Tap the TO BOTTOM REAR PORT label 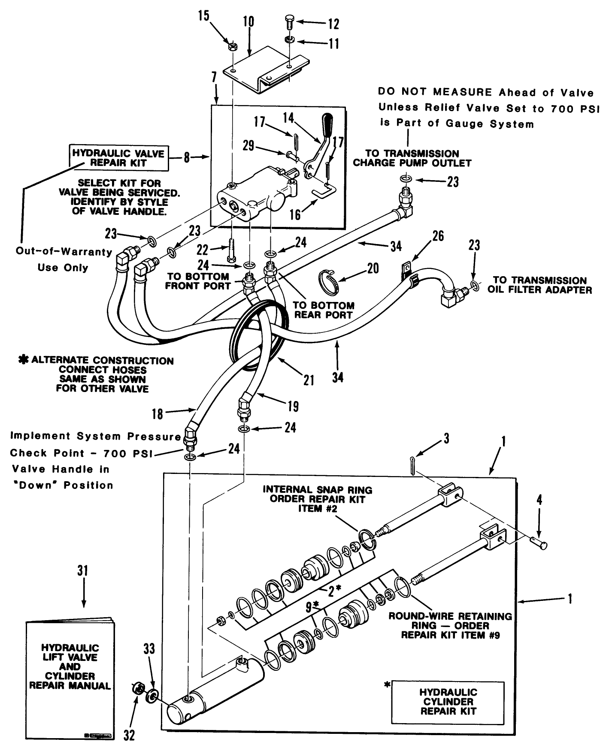pyautogui.click(x=323, y=310)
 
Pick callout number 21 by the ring pyautogui.click(x=309, y=380)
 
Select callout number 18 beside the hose pyautogui.click(x=158, y=413)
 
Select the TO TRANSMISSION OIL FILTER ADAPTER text pyautogui.click(x=539, y=285)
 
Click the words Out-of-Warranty pyautogui.click(x=64, y=252)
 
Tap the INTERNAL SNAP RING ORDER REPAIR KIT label pyautogui.click(x=318, y=499)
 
